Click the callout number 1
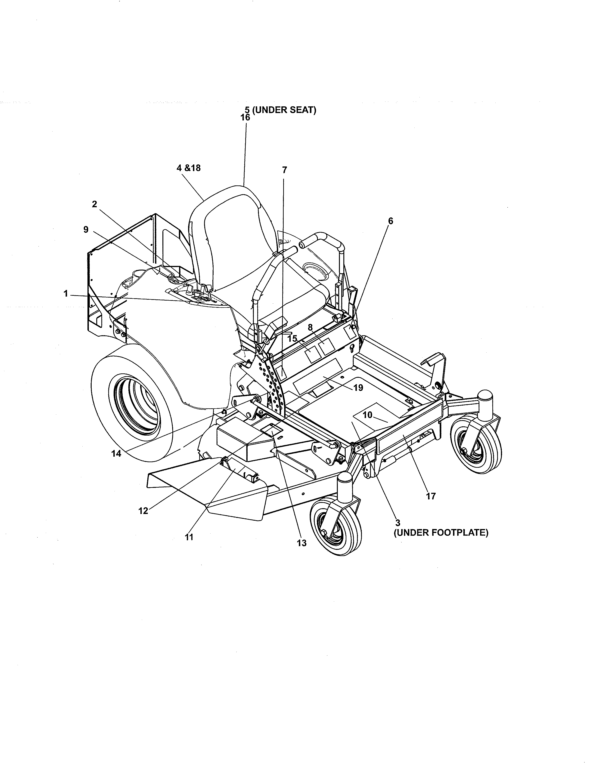tap(66, 294)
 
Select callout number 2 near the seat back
tap(94, 204)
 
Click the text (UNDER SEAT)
tap(284, 110)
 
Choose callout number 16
tap(245, 117)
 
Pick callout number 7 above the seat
tap(285, 170)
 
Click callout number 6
tap(390, 221)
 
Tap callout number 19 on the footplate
tap(358, 388)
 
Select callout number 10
tap(367, 415)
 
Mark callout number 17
tap(431, 496)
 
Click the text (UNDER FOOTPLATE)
tap(441, 533)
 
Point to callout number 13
tap(302, 543)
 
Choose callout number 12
tap(143, 511)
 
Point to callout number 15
tap(292, 338)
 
